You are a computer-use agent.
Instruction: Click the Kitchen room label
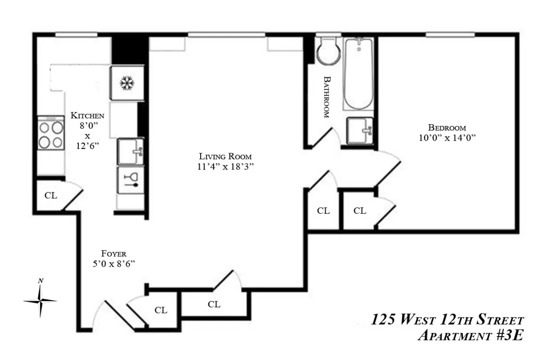[87, 115]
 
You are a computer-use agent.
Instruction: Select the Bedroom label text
[447, 127]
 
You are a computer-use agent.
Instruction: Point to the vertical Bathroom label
[327, 97]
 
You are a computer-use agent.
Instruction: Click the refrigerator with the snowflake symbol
[126, 83]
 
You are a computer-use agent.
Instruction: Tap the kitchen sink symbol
[130, 151]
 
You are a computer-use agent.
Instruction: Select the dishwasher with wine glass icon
[130, 179]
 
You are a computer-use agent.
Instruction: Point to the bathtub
[358, 73]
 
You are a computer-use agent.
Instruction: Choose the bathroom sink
[359, 131]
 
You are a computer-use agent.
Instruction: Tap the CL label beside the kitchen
[51, 196]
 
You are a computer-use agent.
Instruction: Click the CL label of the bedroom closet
[359, 211]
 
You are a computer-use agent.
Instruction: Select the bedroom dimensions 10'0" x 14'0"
[447, 138]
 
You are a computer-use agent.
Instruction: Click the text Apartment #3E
[471, 335]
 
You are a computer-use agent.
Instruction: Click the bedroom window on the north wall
[450, 35]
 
